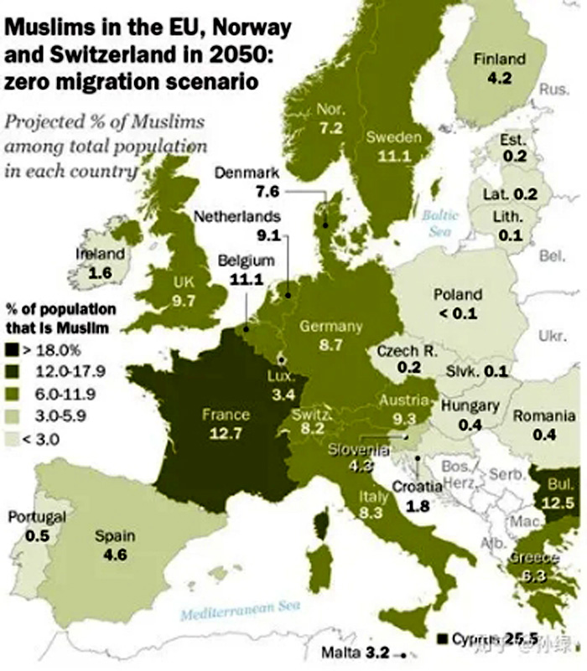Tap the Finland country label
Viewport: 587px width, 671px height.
[x=499, y=59]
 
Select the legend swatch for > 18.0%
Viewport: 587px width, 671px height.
[x=12, y=347]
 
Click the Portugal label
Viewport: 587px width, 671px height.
[x=37, y=517]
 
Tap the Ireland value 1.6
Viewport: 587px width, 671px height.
[x=100, y=272]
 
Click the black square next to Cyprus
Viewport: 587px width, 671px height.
[x=440, y=639]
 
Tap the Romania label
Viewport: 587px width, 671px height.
[x=543, y=416]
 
